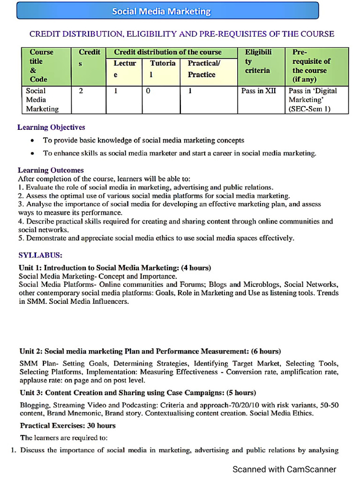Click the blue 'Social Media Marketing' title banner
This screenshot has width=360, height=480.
point(167,11)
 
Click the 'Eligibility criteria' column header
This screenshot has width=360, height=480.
point(258,61)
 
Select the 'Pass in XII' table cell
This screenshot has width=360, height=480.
point(258,91)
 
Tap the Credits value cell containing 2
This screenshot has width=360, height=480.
point(81,91)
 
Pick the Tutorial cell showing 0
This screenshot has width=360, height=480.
point(148,91)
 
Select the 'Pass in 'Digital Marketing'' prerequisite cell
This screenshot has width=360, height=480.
point(312,99)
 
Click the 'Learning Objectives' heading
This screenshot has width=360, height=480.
point(51,127)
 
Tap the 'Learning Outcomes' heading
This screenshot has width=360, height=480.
point(51,170)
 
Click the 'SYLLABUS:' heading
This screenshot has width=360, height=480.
point(40,255)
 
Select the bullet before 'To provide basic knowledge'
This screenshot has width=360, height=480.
point(31,141)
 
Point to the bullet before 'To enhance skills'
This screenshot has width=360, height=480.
point(31,153)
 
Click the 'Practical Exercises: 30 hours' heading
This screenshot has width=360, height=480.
point(67,426)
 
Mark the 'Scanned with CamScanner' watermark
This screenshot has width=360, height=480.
point(285,469)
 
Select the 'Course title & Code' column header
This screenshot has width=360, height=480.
point(42,66)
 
